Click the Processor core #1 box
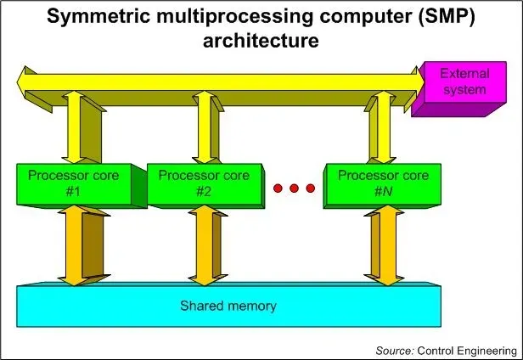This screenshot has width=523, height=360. [x=74, y=183]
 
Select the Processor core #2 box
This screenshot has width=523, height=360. [x=205, y=183]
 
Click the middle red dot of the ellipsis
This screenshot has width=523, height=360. [x=295, y=187]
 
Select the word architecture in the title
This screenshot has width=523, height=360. [x=261, y=40]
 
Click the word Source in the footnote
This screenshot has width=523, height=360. [x=393, y=349]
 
